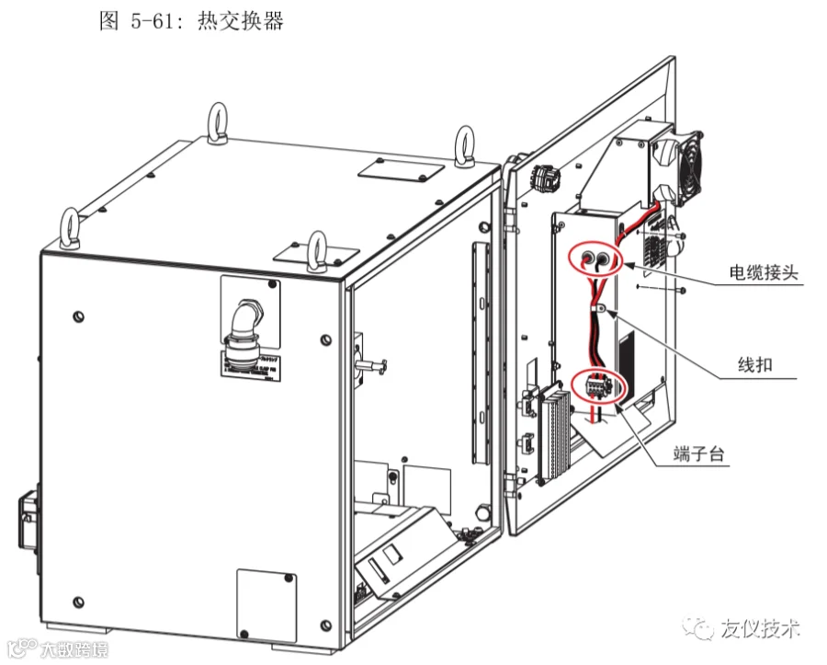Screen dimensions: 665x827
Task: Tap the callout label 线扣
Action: (755, 365)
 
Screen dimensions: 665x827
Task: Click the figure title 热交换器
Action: (240, 20)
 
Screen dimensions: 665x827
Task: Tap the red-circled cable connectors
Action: (595, 258)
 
